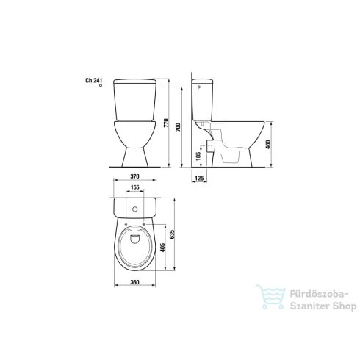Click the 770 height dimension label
point(166,123)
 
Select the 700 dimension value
point(178,127)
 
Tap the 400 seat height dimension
point(268,145)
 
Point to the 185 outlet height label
point(198,156)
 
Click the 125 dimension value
point(199,179)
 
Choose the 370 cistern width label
point(134,176)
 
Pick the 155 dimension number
point(135,187)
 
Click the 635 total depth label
point(172,234)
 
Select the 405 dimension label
point(162,248)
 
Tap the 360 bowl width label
point(134,282)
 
